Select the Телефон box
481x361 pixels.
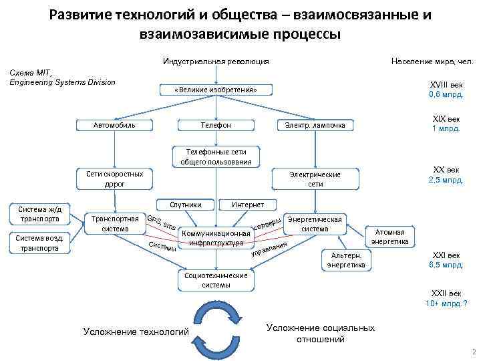(x=216, y=125)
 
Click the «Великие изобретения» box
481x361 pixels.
(x=215, y=90)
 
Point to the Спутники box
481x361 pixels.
(x=182, y=204)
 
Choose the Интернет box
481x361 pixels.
(x=247, y=204)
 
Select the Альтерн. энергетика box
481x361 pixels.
(x=345, y=260)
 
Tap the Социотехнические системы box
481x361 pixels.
(x=215, y=279)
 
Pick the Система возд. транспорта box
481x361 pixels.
(x=40, y=243)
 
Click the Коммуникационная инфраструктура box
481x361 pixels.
(x=215, y=238)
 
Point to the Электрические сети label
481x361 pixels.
(x=315, y=178)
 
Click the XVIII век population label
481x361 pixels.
(x=445, y=90)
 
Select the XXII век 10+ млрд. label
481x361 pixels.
(x=446, y=298)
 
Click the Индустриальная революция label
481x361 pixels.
(x=216, y=62)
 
